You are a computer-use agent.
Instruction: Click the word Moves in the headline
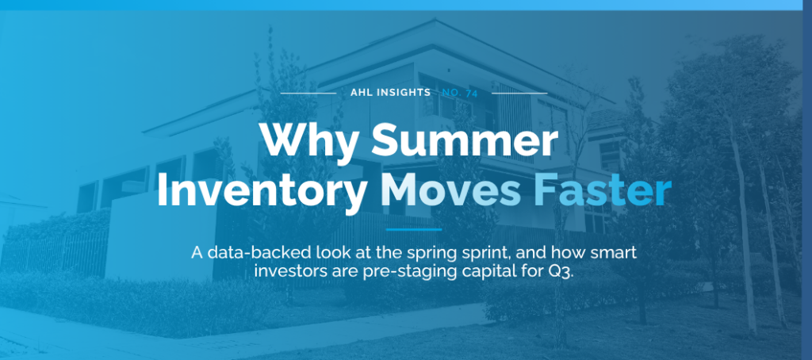[x=451, y=192]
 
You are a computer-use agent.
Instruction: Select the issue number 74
[x=473, y=92]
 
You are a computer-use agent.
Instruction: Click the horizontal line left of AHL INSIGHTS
[x=308, y=93]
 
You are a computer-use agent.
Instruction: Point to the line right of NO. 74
[x=520, y=93]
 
